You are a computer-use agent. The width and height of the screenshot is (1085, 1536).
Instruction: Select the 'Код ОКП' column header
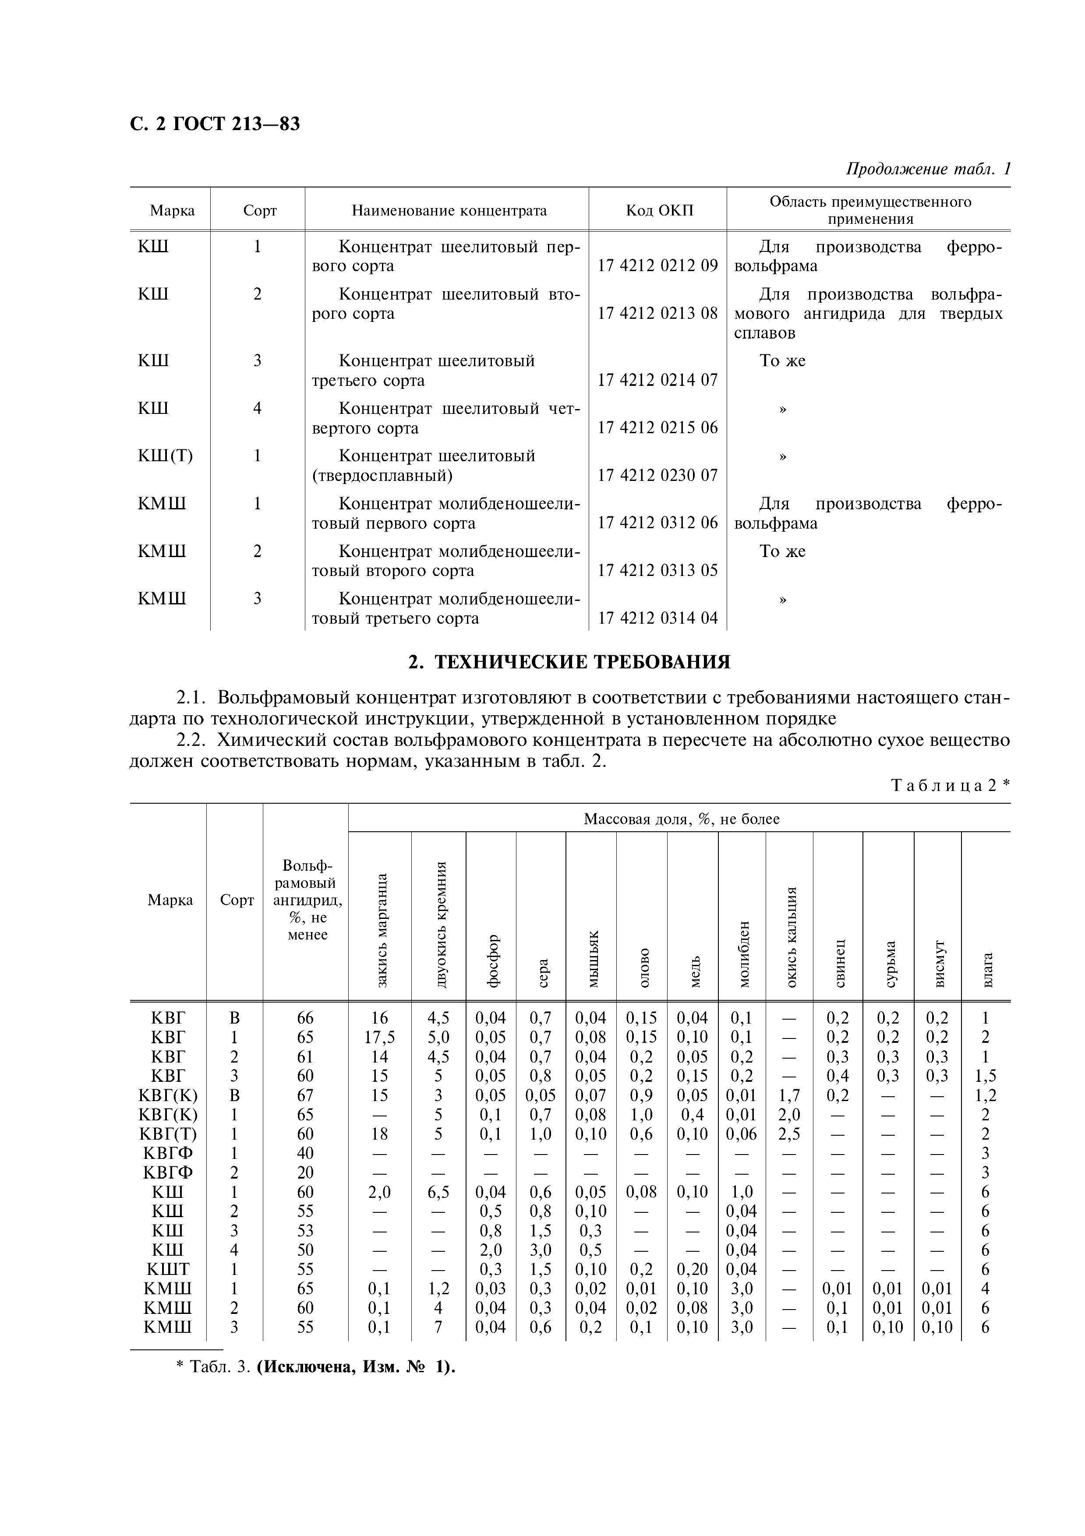coord(659,210)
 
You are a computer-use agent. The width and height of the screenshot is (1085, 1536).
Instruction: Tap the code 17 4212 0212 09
coord(657,265)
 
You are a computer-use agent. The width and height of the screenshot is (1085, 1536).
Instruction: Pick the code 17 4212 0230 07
coord(657,475)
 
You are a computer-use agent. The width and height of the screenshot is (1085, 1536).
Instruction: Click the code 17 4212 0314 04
coord(657,618)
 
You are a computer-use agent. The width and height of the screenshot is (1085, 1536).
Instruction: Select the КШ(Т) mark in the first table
coord(165,456)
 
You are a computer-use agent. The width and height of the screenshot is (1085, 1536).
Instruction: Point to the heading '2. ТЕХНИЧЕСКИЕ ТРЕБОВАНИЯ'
coord(569,662)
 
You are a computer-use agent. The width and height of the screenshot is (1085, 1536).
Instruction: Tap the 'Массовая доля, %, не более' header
coord(681,819)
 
